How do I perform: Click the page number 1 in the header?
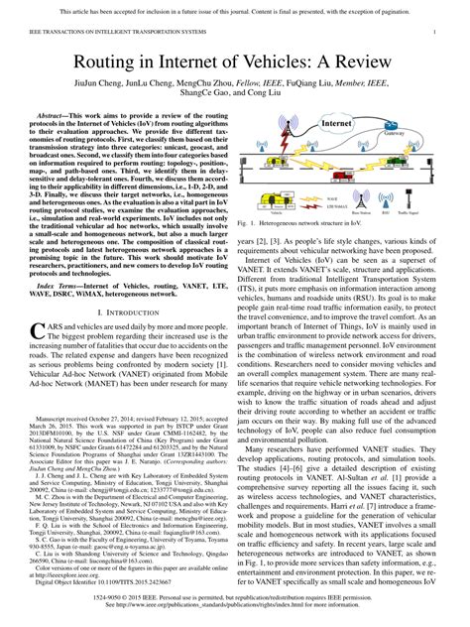[437, 33]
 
